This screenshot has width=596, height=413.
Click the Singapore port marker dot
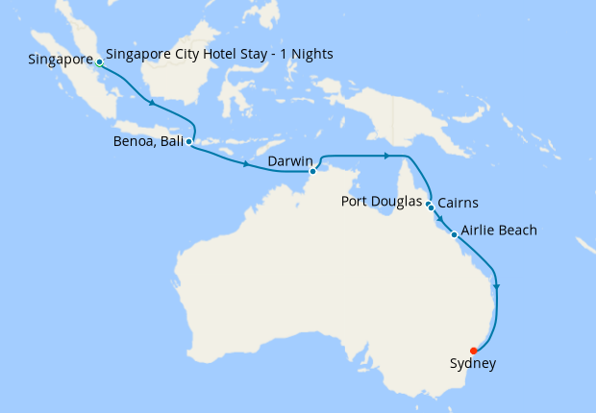[100, 61]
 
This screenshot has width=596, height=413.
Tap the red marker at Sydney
[473, 351]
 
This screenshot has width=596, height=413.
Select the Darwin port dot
[312, 172]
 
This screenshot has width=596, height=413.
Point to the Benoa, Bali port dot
[188, 142]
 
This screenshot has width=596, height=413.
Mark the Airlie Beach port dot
[454, 233]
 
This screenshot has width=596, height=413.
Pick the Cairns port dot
[432, 207]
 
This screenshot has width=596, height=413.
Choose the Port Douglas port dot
[428, 203]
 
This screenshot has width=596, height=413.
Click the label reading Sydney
[473, 364]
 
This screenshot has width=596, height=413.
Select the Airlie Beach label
[499, 231]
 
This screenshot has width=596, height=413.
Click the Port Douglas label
[382, 202]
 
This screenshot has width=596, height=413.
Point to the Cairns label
[459, 203]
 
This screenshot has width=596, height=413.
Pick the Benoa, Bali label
[147, 142]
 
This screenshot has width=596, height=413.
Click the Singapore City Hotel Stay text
[219, 54]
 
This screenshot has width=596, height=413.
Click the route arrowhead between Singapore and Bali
[151, 103]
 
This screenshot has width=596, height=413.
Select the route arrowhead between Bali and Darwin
[247, 164]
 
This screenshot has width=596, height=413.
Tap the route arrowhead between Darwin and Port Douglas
[386, 155]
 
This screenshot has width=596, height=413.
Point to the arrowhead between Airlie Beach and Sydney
[496, 285]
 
